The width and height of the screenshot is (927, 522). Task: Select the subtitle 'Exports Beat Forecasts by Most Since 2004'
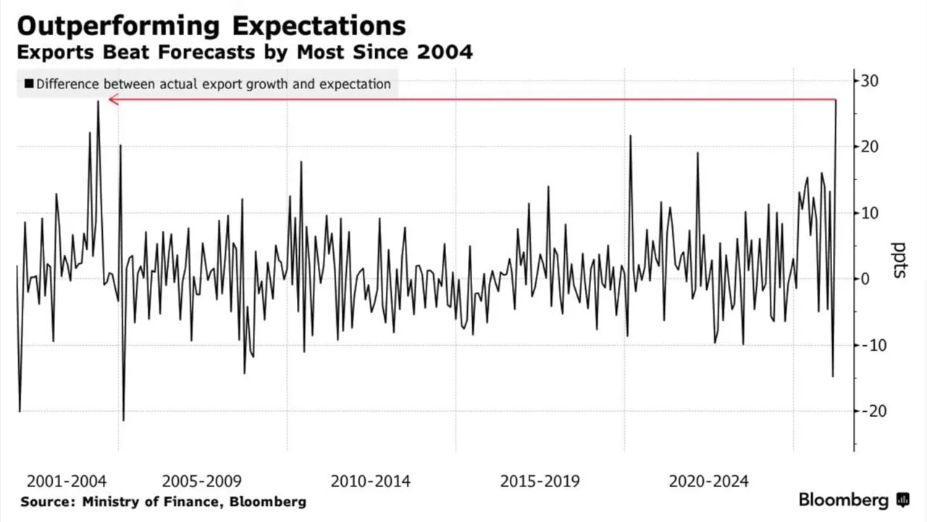244,52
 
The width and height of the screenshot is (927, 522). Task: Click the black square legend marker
29,84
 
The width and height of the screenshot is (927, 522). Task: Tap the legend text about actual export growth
214,84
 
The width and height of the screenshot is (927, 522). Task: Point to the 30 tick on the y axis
869,80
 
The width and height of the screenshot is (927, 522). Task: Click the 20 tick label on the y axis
869,146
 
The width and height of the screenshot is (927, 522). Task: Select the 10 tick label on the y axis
869,212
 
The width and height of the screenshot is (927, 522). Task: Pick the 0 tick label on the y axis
865,278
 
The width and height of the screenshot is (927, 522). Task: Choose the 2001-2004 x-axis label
67,481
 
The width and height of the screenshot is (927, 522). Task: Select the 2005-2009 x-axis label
201,481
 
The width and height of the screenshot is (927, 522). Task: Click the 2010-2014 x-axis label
370,481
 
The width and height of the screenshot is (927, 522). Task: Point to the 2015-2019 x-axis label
540,481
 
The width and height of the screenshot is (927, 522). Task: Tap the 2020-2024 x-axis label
708,481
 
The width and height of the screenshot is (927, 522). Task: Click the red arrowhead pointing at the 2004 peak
113,99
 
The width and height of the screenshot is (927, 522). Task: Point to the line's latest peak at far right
836,100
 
